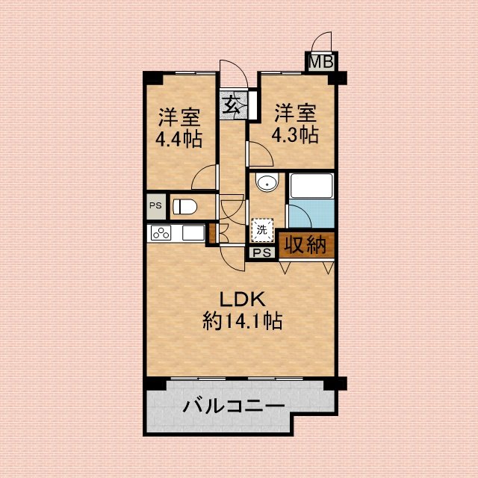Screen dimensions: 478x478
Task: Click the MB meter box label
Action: click(x=321, y=62)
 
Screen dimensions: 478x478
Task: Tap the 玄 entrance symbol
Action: click(x=232, y=104)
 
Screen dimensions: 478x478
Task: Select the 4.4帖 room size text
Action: click(x=179, y=140)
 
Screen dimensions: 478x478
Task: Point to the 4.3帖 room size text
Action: click(x=295, y=134)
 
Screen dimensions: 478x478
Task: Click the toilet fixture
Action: click(x=184, y=206)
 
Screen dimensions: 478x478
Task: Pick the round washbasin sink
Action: click(x=267, y=182)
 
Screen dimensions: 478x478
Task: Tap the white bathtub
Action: click(x=311, y=186)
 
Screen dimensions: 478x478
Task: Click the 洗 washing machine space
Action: click(x=262, y=230)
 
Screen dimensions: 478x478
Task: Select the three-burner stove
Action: click(x=161, y=233)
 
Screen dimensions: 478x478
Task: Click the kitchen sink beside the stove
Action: click(x=193, y=233)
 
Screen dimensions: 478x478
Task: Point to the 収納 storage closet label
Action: click(x=305, y=245)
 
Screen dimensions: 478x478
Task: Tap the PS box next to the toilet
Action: click(x=156, y=206)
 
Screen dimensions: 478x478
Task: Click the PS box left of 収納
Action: click(x=262, y=252)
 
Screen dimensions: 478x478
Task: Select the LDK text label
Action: click(x=242, y=299)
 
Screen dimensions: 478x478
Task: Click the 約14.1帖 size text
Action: click(x=242, y=320)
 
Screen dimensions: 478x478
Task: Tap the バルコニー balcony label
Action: click(x=234, y=406)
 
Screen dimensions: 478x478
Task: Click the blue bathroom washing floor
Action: click(x=311, y=214)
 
